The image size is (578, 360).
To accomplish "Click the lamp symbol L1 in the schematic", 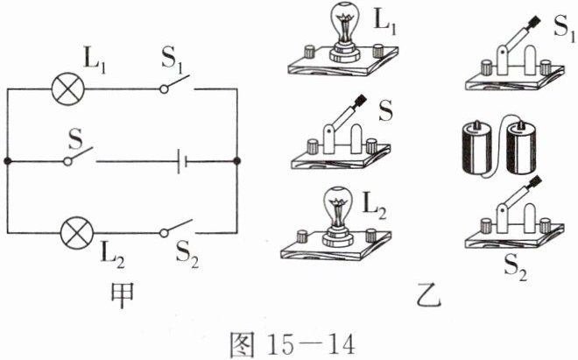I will click(x=67, y=88).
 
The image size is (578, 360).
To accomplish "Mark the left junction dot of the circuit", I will click(x=8, y=162).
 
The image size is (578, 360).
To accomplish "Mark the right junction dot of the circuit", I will click(x=237, y=162).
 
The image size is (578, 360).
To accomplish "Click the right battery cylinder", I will click(x=525, y=149).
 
